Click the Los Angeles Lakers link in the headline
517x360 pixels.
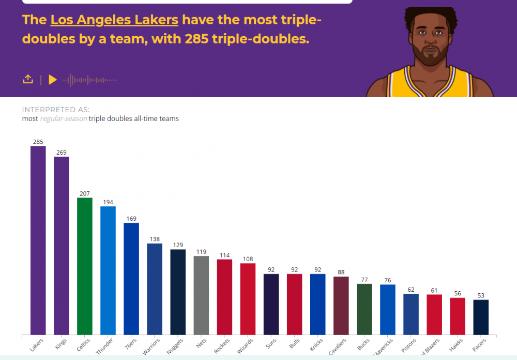coord(114,20)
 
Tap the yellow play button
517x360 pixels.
coord(52,80)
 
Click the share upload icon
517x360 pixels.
coord(28,79)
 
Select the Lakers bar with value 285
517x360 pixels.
coord(38,240)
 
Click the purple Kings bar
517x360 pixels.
coord(62,246)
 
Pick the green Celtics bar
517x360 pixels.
coord(85,266)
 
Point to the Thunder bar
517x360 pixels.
coord(108,270)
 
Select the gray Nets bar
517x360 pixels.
coord(201,295)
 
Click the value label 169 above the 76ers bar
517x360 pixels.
coord(131,219)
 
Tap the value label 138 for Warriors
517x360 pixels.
coord(155,239)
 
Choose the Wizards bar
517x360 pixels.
coord(248,299)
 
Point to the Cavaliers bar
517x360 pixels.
coord(341,306)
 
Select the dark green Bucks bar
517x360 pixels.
coord(364,309)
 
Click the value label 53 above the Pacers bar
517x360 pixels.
coord(481,296)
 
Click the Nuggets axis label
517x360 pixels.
coord(174,346)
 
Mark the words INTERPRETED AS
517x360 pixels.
coord(56,110)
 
